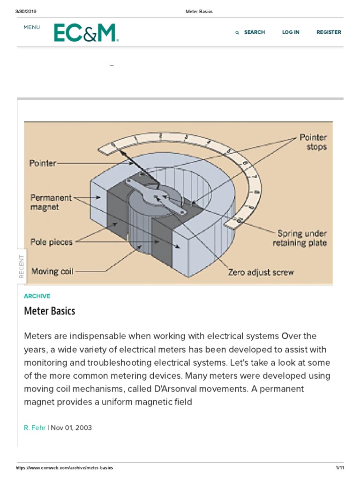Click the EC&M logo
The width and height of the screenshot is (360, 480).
click(x=86, y=33)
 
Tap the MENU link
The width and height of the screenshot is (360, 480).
click(x=32, y=27)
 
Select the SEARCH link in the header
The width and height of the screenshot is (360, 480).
click(x=254, y=32)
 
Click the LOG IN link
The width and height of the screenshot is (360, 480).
click(x=291, y=32)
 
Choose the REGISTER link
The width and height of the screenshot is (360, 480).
click(x=329, y=32)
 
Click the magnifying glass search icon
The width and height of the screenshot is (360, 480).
click(x=237, y=33)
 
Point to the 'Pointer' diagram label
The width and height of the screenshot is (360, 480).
click(x=43, y=164)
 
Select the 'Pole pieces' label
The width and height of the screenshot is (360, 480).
click(x=52, y=242)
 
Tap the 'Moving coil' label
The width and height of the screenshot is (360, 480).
click(x=52, y=271)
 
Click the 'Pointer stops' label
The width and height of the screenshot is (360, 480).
click(x=314, y=142)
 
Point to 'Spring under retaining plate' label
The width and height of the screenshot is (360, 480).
click(x=302, y=238)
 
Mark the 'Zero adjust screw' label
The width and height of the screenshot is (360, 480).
click(x=261, y=272)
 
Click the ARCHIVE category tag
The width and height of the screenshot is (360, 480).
click(x=37, y=296)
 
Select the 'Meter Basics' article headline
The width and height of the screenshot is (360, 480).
click(x=50, y=311)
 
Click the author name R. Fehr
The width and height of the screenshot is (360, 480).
click(x=35, y=427)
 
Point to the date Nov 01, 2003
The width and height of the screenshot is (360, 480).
click(x=71, y=427)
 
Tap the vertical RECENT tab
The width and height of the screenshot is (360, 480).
click(x=22, y=266)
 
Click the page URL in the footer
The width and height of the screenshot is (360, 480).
click(x=64, y=468)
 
